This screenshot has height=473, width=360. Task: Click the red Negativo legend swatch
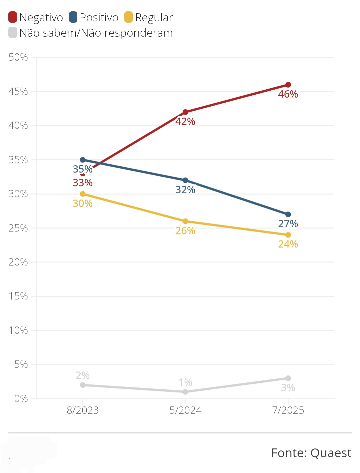13,17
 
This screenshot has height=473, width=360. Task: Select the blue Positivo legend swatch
73,17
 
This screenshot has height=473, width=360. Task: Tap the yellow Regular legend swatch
128,17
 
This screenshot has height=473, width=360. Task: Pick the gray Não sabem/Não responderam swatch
13,33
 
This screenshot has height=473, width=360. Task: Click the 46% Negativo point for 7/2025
288,85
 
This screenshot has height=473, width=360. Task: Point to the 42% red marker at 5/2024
185,112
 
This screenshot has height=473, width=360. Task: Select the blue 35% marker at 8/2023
83,160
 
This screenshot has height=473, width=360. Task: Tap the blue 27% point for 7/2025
288,215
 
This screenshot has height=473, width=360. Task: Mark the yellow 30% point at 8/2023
83,194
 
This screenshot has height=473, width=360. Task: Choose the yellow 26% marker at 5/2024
185,221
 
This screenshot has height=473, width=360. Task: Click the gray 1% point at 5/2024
185,392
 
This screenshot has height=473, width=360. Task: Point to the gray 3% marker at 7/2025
288,378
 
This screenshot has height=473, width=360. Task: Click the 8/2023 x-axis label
83,410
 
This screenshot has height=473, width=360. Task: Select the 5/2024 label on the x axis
185,410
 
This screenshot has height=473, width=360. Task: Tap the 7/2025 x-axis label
288,410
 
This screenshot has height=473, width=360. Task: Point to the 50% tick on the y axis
18,57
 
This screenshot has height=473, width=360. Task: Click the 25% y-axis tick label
18,228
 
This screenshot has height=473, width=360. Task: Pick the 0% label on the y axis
21,399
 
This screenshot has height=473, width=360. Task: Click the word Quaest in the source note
331,453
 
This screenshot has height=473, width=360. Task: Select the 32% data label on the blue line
185,190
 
